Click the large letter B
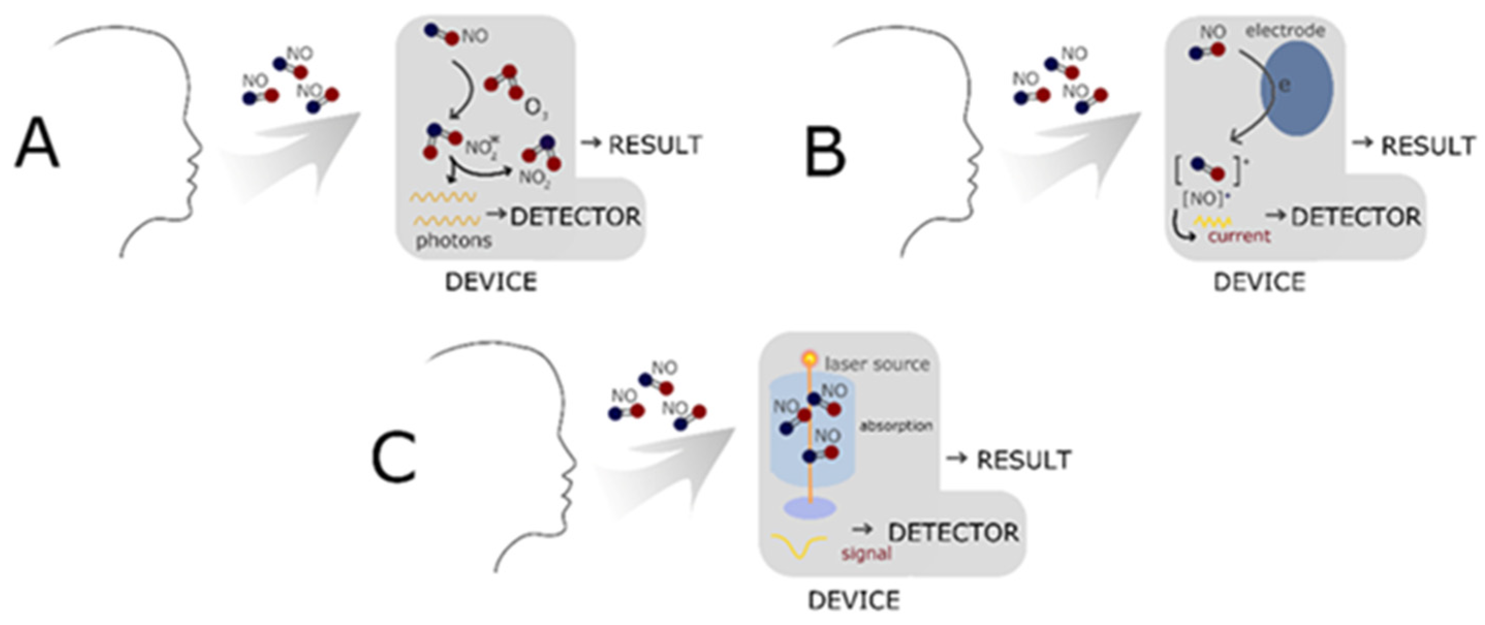pyautogui.click(x=825, y=151)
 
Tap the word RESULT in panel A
pyautogui.click(x=655, y=145)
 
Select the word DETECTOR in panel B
pyautogui.click(x=1356, y=217)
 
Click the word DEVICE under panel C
pyautogui.click(x=854, y=600)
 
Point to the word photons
pyautogui.click(x=454, y=240)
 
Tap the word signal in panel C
pyautogui.click(x=866, y=554)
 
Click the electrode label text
pyautogui.click(x=1286, y=30)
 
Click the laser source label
pyautogui.click(x=877, y=364)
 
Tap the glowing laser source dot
pyautogui.click(x=810, y=359)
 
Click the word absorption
pyautogui.click(x=896, y=426)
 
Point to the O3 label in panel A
pyautogui.click(x=535, y=109)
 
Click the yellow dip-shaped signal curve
pyautogui.click(x=799, y=547)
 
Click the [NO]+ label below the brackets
pyautogui.click(x=1203, y=199)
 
